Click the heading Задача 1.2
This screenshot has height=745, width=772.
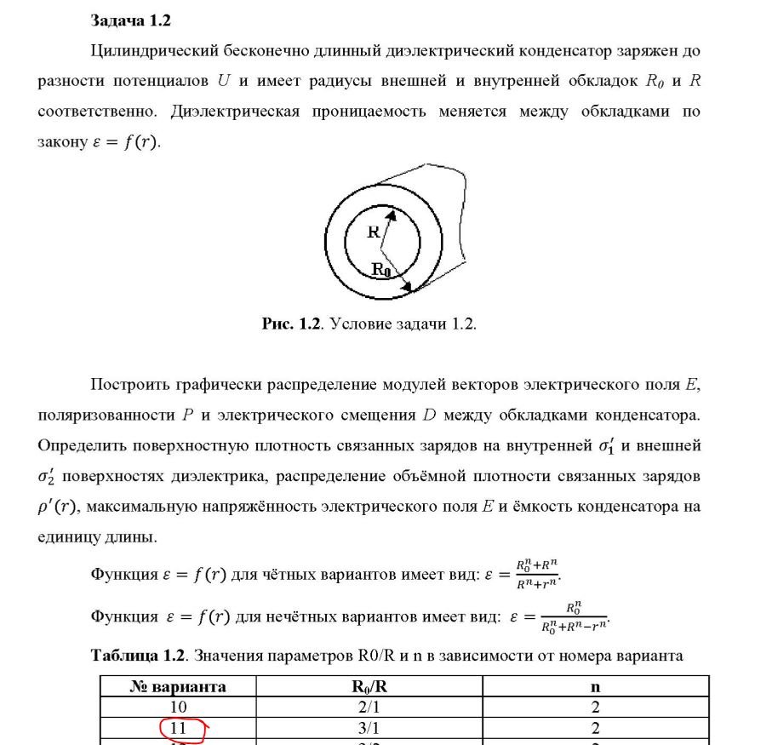[130, 20]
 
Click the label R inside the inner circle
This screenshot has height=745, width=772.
[373, 231]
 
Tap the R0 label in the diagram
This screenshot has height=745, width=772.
[381, 270]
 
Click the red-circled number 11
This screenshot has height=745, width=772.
[179, 729]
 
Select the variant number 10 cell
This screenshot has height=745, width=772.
[179, 708]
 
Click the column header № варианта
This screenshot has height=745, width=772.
[178, 686]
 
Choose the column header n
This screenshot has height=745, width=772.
[595, 686]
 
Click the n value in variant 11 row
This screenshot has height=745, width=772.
[595, 729]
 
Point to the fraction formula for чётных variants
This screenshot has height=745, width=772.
[538, 574]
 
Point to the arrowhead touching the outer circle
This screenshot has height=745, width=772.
[408, 288]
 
